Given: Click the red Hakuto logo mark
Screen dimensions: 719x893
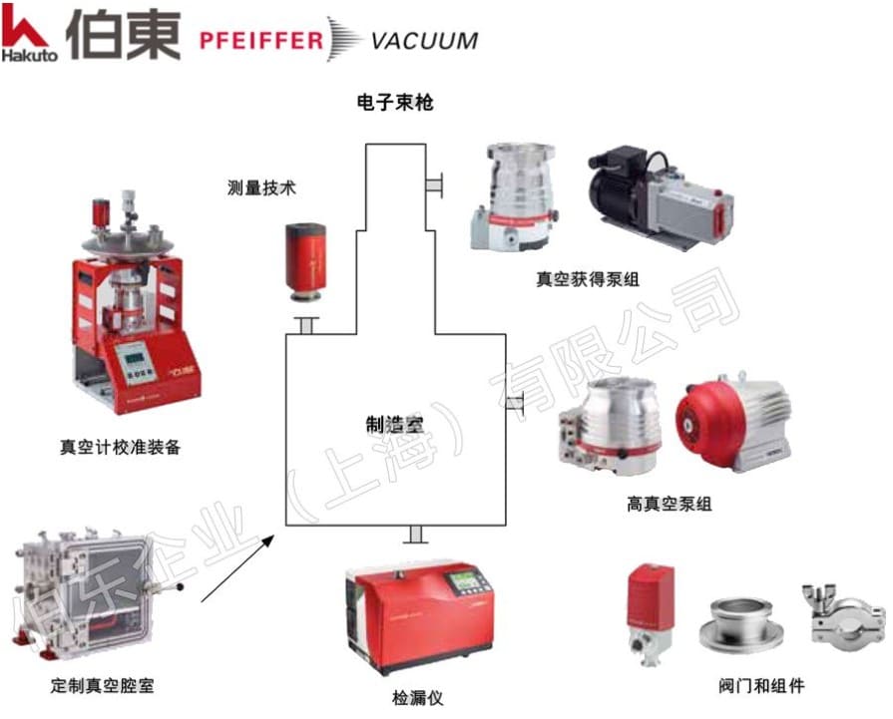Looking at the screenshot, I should (x=23, y=29).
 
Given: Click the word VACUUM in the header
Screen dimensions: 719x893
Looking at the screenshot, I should (x=424, y=41).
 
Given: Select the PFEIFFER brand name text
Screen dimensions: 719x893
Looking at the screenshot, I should (x=261, y=41).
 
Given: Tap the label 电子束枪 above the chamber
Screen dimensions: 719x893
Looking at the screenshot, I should (x=395, y=102).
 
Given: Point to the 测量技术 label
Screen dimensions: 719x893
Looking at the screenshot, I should (x=262, y=185).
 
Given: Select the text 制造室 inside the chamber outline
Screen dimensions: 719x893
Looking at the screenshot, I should (x=395, y=424).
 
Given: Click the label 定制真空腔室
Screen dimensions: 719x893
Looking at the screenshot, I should (x=103, y=686).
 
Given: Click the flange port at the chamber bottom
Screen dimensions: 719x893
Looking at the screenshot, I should (x=416, y=536).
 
